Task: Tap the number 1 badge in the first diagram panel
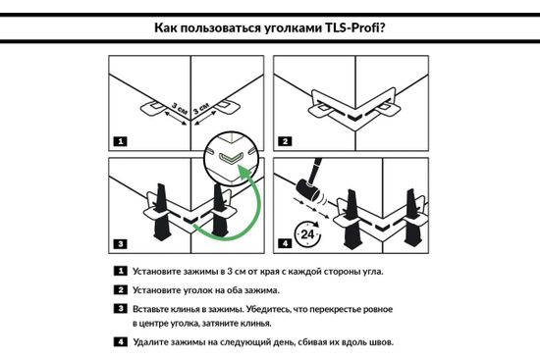120,141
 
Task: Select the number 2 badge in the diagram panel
286,141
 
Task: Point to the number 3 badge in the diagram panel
120,241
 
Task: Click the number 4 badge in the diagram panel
286,241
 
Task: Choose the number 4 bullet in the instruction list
120,342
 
